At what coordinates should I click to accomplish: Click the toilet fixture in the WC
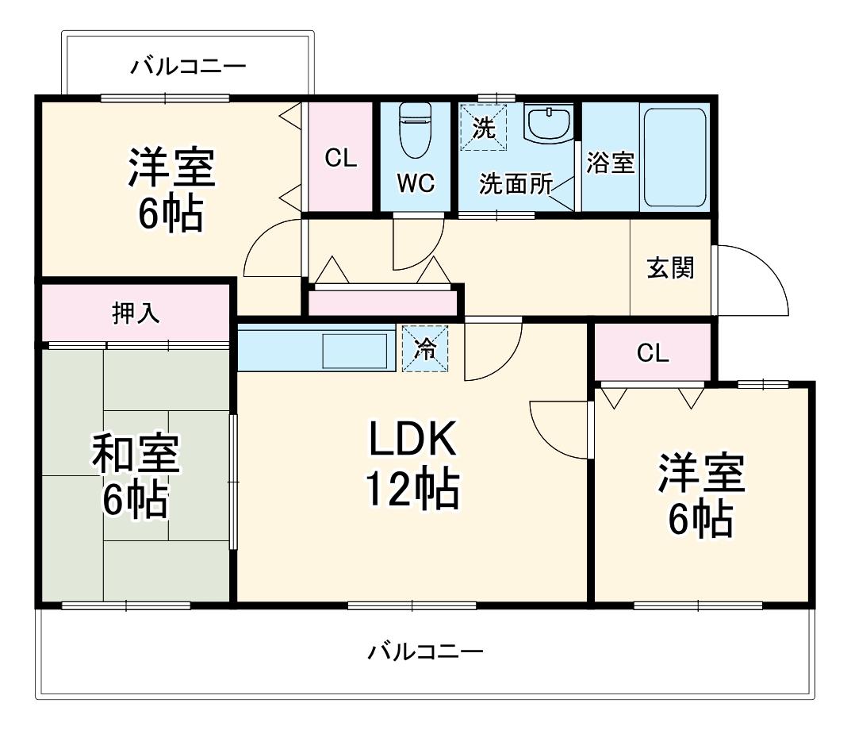coord(415,132)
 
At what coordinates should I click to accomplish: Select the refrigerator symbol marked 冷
coord(425,348)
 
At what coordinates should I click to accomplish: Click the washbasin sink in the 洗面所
coord(548,124)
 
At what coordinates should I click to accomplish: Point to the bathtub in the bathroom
coord(674,156)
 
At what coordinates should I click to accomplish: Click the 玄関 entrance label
coord(670,268)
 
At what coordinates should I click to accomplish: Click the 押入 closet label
coord(136,313)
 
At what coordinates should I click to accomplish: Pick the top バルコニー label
coord(189,66)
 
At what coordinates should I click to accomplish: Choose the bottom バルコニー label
coord(425,652)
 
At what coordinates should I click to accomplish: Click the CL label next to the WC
coord(340,159)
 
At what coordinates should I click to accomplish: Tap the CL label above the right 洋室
coord(653,354)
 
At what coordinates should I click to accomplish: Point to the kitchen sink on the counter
coord(354,350)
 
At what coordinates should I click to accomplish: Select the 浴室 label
coord(610,163)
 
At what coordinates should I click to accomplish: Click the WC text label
coord(416,183)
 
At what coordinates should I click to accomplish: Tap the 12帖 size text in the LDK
coord(411,490)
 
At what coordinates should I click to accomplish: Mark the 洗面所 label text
coord(516,184)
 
